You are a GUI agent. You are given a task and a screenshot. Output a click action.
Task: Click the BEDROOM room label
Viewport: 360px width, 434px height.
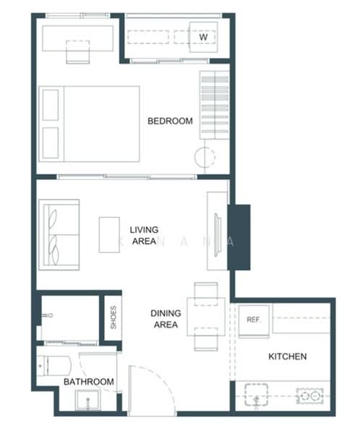(x=170, y=121)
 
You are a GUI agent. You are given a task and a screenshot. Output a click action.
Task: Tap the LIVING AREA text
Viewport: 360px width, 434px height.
(x=144, y=236)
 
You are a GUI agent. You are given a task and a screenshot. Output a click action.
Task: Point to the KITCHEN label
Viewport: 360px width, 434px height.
(x=287, y=357)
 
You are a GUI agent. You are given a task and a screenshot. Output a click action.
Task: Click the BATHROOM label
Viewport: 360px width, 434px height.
(x=88, y=381)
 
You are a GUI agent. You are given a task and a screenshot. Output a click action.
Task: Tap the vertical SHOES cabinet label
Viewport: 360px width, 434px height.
(x=113, y=318)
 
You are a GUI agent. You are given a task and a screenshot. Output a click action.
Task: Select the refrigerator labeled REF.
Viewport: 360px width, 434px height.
(x=254, y=320)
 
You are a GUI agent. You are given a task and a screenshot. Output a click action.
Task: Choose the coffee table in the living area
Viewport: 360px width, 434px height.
(x=109, y=234)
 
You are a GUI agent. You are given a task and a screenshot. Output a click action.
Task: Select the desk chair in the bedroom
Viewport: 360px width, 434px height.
(x=77, y=52)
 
